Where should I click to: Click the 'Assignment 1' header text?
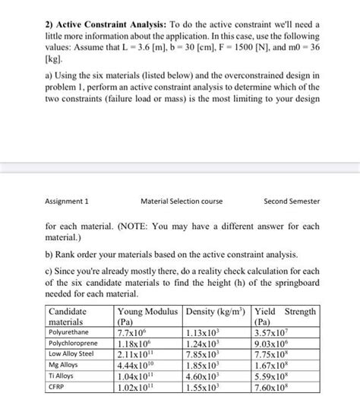pyautogui.click(x=68, y=201)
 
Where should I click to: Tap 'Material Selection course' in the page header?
pyautogui.click(x=180, y=201)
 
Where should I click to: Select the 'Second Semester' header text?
pyautogui.click(x=292, y=201)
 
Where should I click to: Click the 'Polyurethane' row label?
pyautogui.click(x=70, y=332)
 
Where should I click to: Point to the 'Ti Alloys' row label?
pyautogui.click(x=63, y=376)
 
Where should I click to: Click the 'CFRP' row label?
pyautogui.click(x=58, y=386)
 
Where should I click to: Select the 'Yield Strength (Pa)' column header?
pyautogui.click(x=285, y=316)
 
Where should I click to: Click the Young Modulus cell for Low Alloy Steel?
pyautogui.click(x=137, y=354)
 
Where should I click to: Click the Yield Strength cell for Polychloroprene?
pyautogui.click(x=274, y=344)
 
